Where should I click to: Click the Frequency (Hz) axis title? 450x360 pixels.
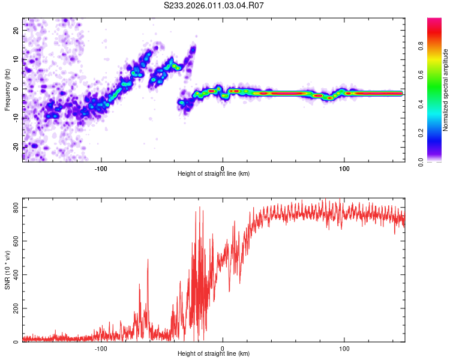pyautogui.click(x=7, y=89)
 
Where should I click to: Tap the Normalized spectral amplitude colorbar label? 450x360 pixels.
pyautogui.click(x=446, y=90)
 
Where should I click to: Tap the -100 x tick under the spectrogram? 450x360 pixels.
pyautogui.click(x=101, y=167)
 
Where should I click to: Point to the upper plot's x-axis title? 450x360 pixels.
pyautogui.click(x=214, y=174)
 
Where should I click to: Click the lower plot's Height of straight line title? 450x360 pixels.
pyautogui.click(x=214, y=354)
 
